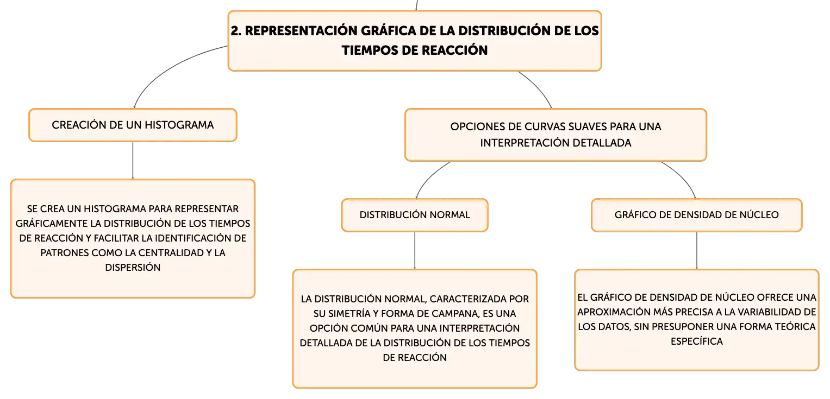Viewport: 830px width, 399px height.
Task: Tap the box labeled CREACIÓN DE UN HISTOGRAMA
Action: tap(133, 125)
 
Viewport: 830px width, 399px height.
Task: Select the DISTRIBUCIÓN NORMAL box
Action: tap(415, 215)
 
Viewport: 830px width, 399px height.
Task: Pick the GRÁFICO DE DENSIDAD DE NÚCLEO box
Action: tap(697, 215)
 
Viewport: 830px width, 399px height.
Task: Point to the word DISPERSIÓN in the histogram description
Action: tap(133, 268)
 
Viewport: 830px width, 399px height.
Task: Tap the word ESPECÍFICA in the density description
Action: tap(697, 341)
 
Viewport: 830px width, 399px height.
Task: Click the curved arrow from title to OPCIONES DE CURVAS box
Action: tap(538, 87)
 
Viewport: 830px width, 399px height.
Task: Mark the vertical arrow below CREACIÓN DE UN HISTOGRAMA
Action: tap(133, 160)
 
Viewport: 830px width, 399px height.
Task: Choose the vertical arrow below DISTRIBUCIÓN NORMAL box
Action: tap(415, 251)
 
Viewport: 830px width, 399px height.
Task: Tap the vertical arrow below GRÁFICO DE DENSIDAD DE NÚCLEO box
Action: tap(697, 251)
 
